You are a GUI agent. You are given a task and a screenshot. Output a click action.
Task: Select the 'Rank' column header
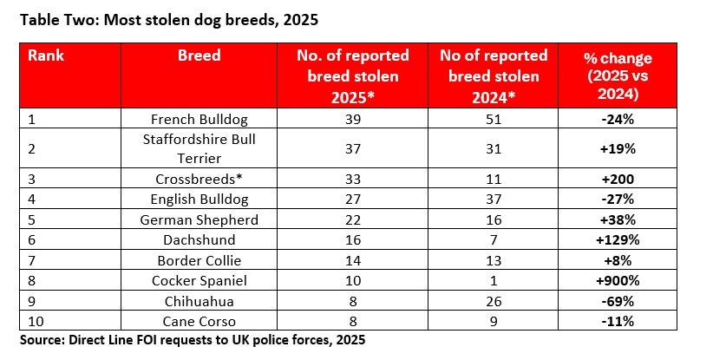[x=46, y=56]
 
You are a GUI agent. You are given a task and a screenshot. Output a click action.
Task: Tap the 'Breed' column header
[x=199, y=56]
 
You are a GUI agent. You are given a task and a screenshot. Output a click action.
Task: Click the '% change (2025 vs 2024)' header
[x=618, y=75]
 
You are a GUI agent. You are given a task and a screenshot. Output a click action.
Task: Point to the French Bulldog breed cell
[x=199, y=119]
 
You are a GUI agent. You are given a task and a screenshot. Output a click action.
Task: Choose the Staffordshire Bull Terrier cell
[x=199, y=148]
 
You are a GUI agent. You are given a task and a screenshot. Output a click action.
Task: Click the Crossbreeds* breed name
[x=199, y=179]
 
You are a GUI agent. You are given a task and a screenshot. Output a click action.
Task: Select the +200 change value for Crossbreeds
[x=618, y=179]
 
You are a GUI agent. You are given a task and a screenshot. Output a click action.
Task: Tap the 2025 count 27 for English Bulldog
[x=352, y=200]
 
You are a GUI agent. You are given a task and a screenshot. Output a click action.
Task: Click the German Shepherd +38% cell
[x=618, y=219]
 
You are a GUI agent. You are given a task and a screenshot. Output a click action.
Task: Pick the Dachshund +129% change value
[x=618, y=240]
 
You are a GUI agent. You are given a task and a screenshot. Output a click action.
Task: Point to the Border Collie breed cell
[x=199, y=260]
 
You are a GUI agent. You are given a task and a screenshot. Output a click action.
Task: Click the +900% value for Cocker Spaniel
[x=618, y=281]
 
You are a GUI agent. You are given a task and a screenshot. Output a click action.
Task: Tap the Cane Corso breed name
[x=199, y=321]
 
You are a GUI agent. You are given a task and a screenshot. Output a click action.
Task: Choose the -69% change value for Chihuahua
[x=618, y=301]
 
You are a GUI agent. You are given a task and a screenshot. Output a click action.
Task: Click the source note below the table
[x=193, y=340]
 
